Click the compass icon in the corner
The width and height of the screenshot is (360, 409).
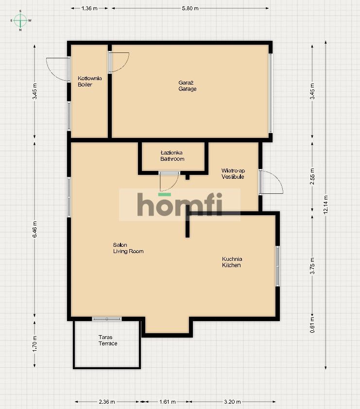point(20,20)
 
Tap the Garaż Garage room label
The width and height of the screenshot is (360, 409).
point(187,85)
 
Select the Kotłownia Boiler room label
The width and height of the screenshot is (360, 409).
point(89,81)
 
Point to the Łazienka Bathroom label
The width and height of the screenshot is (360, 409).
point(172,155)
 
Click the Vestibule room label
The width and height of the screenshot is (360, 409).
point(233,173)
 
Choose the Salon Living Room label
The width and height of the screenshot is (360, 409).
point(128,248)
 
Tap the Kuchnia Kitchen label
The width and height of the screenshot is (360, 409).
point(232,262)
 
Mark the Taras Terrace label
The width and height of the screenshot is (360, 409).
point(107,340)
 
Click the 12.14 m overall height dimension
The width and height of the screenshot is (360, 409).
point(326,204)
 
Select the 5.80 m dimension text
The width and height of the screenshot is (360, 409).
point(190,8)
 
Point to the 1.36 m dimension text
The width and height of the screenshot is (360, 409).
point(89,8)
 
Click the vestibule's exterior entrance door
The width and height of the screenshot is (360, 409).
point(270,182)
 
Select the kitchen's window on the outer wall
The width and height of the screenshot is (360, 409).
point(277,266)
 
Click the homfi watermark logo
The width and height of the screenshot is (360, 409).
point(179,204)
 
